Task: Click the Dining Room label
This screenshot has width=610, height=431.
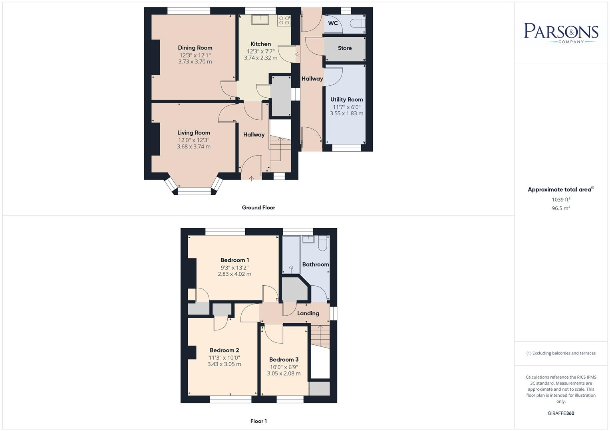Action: point(195,48)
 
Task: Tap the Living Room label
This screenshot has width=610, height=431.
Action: point(194,133)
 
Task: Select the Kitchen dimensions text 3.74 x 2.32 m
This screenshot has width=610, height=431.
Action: point(260,58)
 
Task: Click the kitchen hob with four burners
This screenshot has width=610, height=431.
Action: point(284,20)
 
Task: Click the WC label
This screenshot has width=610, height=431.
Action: point(333,23)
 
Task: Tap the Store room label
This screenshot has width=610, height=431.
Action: point(345,48)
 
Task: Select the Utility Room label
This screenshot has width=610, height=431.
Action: point(346,100)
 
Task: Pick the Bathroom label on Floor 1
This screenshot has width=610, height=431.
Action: point(316,265)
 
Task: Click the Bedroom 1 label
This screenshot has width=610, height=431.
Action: point(234,260)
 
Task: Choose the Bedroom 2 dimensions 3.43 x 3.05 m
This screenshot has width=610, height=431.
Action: point(224,364)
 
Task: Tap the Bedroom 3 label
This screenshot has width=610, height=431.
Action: point(284,360)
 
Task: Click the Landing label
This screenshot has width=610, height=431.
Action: point(308,314)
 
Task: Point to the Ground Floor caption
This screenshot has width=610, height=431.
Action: point(258,208)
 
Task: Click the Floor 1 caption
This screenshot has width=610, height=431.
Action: point(258,421)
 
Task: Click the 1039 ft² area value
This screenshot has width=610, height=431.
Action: point(561,200)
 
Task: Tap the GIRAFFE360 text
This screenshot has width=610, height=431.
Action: point(561,413)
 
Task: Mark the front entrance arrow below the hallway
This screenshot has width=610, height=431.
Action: point(251,178)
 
